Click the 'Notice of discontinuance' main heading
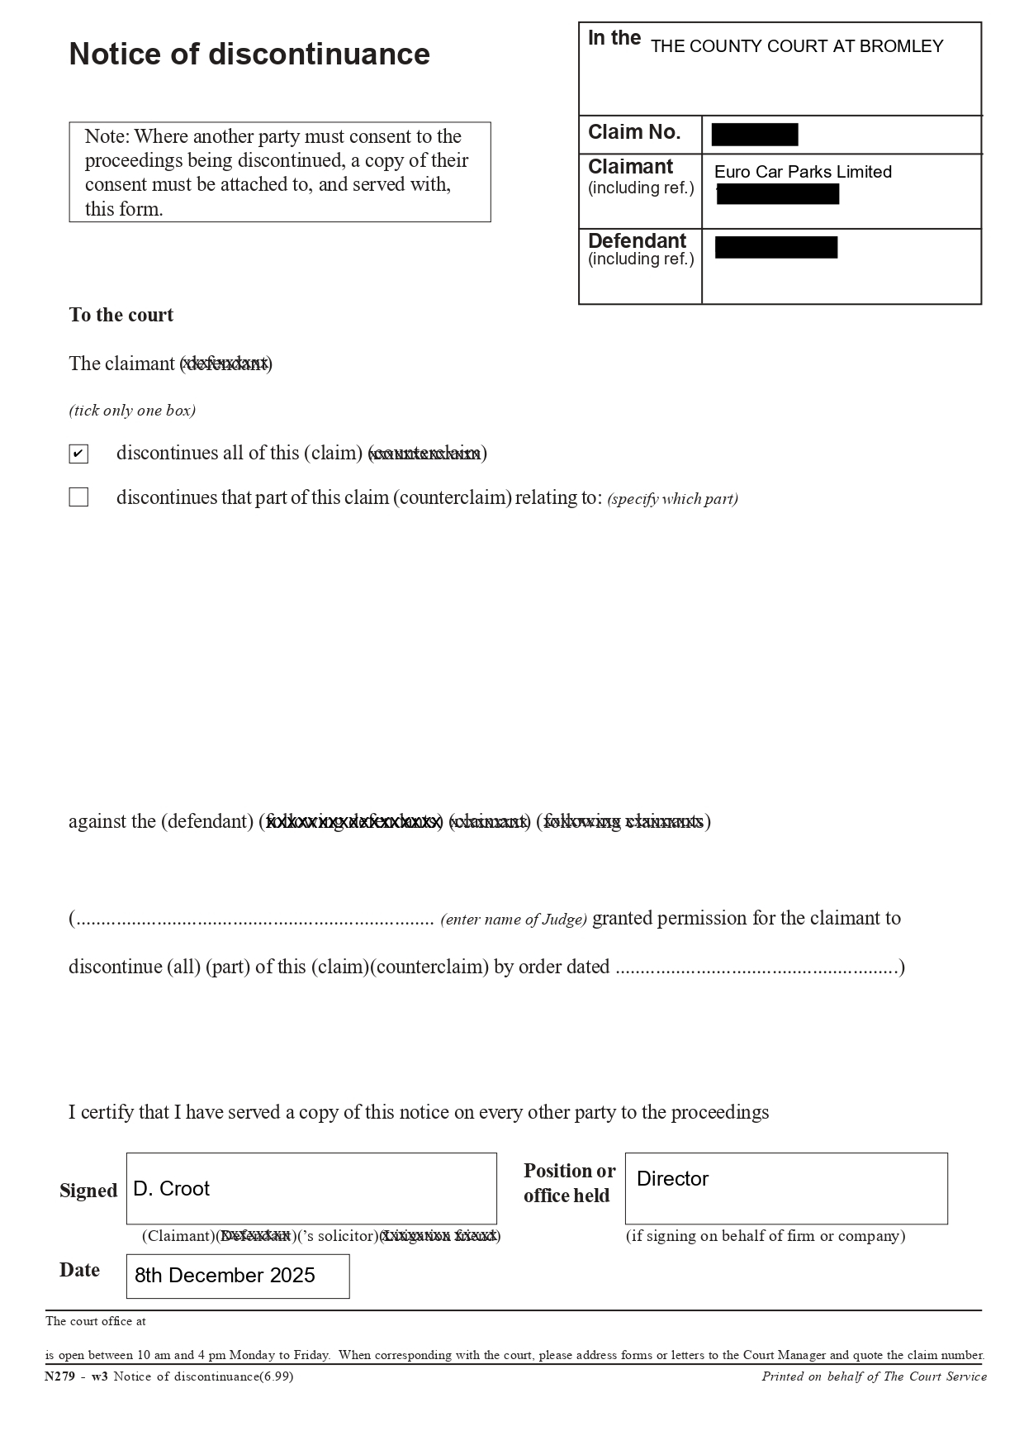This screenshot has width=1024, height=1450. (x=249, y=55)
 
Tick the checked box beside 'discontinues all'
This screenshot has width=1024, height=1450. (x=78, y=454)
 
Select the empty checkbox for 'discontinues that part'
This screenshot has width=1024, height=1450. (x=78, y=497)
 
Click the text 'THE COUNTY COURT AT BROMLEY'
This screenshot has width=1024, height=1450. (x=796, y=47)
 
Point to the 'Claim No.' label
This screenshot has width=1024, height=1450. (x=634, y=132)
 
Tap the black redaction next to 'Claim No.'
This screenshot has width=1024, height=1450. (x=754, y=135)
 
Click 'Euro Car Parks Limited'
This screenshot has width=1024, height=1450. (x=803, y=172)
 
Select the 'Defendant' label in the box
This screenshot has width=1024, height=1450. (x=637, y=241)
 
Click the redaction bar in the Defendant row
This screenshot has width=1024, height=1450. (x=775, y=248)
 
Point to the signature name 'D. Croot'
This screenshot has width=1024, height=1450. (x=171, y=1189)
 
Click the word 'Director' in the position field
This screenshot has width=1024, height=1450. (x=672, y=1179)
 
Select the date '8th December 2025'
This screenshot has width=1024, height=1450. (x=225, y=1276)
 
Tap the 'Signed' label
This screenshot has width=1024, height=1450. (x=88, y=1191)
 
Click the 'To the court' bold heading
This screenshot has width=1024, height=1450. (x=121, y=316)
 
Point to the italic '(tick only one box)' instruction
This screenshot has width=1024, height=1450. (x=132, y=411)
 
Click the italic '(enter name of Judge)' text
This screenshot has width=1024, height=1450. (x=514, y=920)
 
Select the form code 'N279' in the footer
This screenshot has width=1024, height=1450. (x=58, y=1376)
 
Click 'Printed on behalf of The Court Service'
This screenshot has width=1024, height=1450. (x=874, y=1376)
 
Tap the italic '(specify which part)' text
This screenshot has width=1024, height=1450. (x=672, y=499)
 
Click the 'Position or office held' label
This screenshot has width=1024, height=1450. (x=569, y=1183)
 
